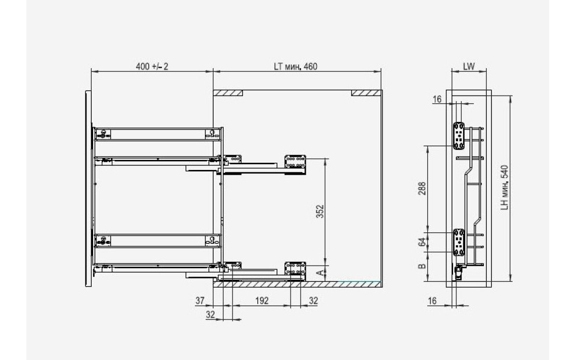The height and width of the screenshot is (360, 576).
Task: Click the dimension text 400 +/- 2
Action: pos(152,67)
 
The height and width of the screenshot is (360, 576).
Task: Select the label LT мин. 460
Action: pos(296,67)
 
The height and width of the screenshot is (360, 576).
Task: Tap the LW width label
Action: pos(469,67)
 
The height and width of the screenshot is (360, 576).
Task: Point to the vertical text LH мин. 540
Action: pos(504,188)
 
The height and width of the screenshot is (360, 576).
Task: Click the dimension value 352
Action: pos(320,211)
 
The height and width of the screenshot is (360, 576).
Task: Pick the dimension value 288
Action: pos(422,189)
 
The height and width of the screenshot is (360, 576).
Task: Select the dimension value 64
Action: pos(422,242)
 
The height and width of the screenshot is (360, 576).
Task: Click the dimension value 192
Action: pos(262,300)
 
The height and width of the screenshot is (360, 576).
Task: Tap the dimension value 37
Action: pos(200,300)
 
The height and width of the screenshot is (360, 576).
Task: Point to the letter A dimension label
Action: pos(320,273)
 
